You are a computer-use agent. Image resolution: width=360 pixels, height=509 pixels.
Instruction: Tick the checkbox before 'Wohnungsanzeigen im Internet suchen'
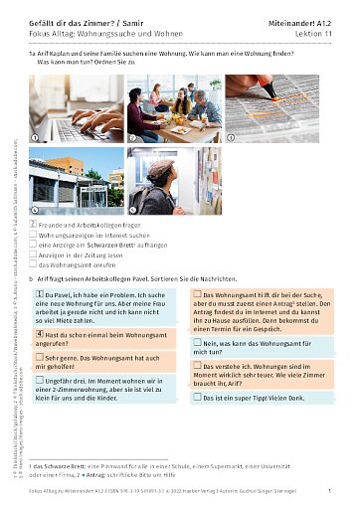(x=35, y=236)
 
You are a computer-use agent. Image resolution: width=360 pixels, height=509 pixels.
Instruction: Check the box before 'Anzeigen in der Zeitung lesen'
(x=35, y=255)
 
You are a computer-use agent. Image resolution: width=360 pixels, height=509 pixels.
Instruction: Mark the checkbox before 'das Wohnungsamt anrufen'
(x=35, y=265)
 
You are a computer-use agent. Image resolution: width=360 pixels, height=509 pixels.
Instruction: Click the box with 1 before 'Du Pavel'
(x=39, y=295)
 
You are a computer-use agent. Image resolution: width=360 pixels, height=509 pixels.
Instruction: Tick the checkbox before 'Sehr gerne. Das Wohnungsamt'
(x=39, y=356)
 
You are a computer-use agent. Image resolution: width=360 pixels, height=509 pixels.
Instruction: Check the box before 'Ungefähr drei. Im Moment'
(x=39, y=380)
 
